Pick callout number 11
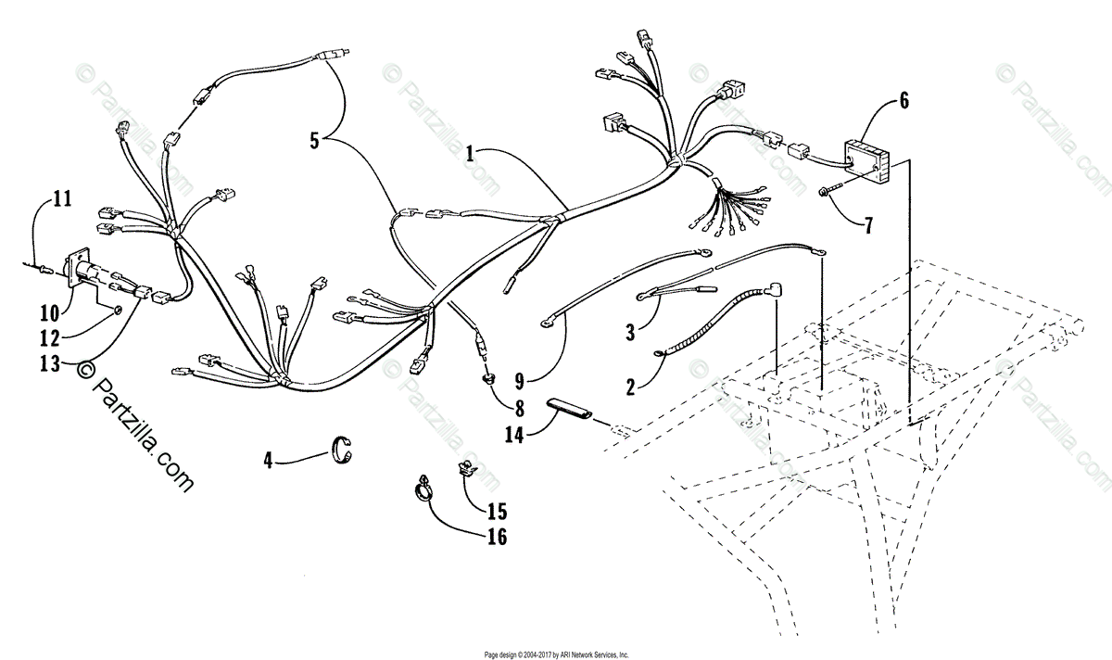(62, 197)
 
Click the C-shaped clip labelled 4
(344, 450)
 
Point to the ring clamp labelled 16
(423, 487)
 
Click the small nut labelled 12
(118, 307)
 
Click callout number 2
(631, 387)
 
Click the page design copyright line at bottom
(555, 653)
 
